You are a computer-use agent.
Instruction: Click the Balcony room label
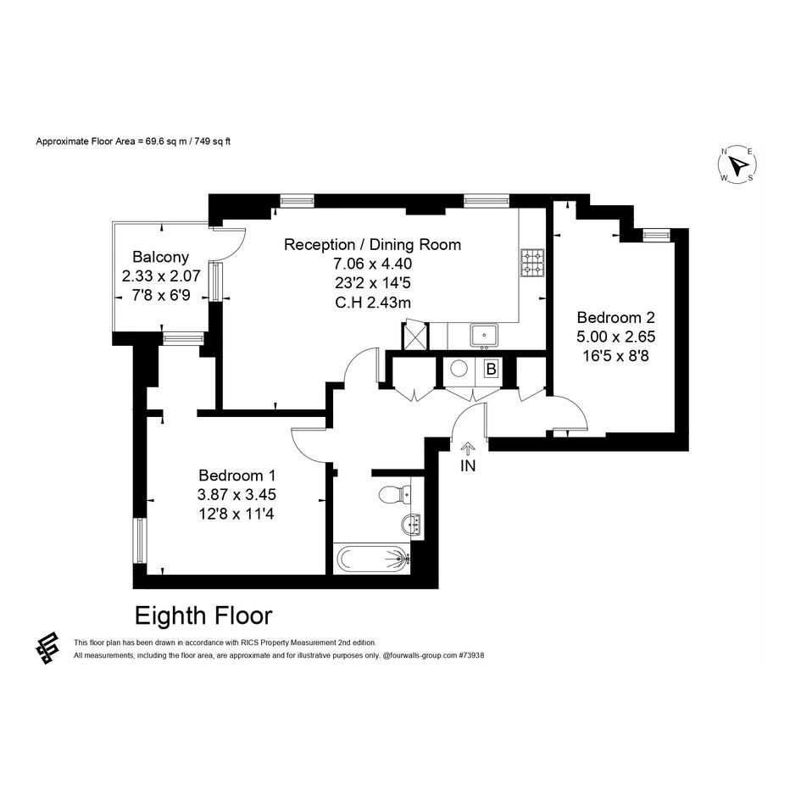160,257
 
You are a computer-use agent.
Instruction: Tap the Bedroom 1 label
237,475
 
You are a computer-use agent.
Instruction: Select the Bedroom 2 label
615,317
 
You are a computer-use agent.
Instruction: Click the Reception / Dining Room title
372,245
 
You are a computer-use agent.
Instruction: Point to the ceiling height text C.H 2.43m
373,303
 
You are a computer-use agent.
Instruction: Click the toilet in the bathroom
395,493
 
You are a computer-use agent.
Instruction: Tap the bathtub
373,559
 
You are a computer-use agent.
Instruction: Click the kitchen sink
484,336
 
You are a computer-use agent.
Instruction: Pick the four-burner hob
533,263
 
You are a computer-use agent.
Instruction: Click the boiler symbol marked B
492,369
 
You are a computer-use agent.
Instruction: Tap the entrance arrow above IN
468,448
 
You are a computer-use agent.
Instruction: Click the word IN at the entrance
468,466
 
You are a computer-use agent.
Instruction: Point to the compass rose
737,164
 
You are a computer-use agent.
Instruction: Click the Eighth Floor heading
203,615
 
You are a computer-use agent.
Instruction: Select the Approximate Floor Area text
133,142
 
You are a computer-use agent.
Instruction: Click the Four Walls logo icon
47,648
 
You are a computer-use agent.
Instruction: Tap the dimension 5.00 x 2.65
615,337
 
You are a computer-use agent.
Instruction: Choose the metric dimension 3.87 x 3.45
237,494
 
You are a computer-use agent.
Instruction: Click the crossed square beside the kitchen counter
416,337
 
